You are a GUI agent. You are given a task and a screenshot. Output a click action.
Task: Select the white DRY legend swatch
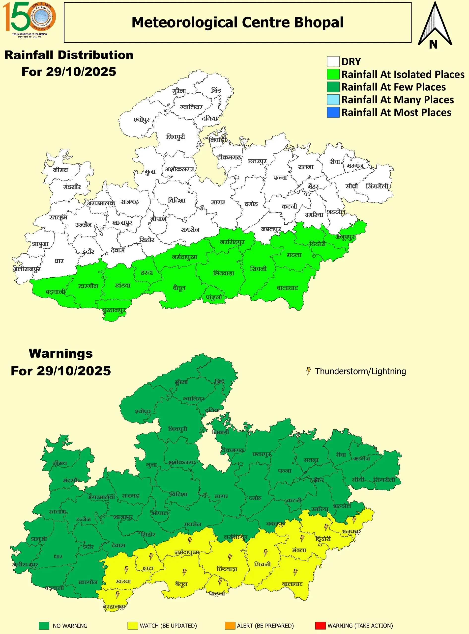(333, 61)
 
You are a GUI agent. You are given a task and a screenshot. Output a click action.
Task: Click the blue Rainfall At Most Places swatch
(333, 112)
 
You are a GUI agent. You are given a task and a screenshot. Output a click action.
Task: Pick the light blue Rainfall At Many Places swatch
(333, 100)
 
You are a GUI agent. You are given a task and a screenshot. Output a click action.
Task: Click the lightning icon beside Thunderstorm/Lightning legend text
(308, 371)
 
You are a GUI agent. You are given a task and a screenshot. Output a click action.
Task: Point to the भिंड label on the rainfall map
(216, 90)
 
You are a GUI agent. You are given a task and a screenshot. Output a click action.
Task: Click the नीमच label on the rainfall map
(60, 170)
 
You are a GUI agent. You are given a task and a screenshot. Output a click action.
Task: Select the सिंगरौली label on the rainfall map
(377, 186)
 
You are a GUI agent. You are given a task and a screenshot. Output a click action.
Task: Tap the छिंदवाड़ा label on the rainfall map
(223, 273)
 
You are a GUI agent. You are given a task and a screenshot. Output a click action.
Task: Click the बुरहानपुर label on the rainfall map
(114, 310)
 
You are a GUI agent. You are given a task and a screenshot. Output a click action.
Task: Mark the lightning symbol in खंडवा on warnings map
(127, 569)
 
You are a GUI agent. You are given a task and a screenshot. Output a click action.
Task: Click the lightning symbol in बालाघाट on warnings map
(295, 572)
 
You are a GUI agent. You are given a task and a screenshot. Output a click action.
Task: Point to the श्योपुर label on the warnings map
(143, 411)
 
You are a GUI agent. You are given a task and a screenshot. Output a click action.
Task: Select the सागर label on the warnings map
(221, 496)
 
